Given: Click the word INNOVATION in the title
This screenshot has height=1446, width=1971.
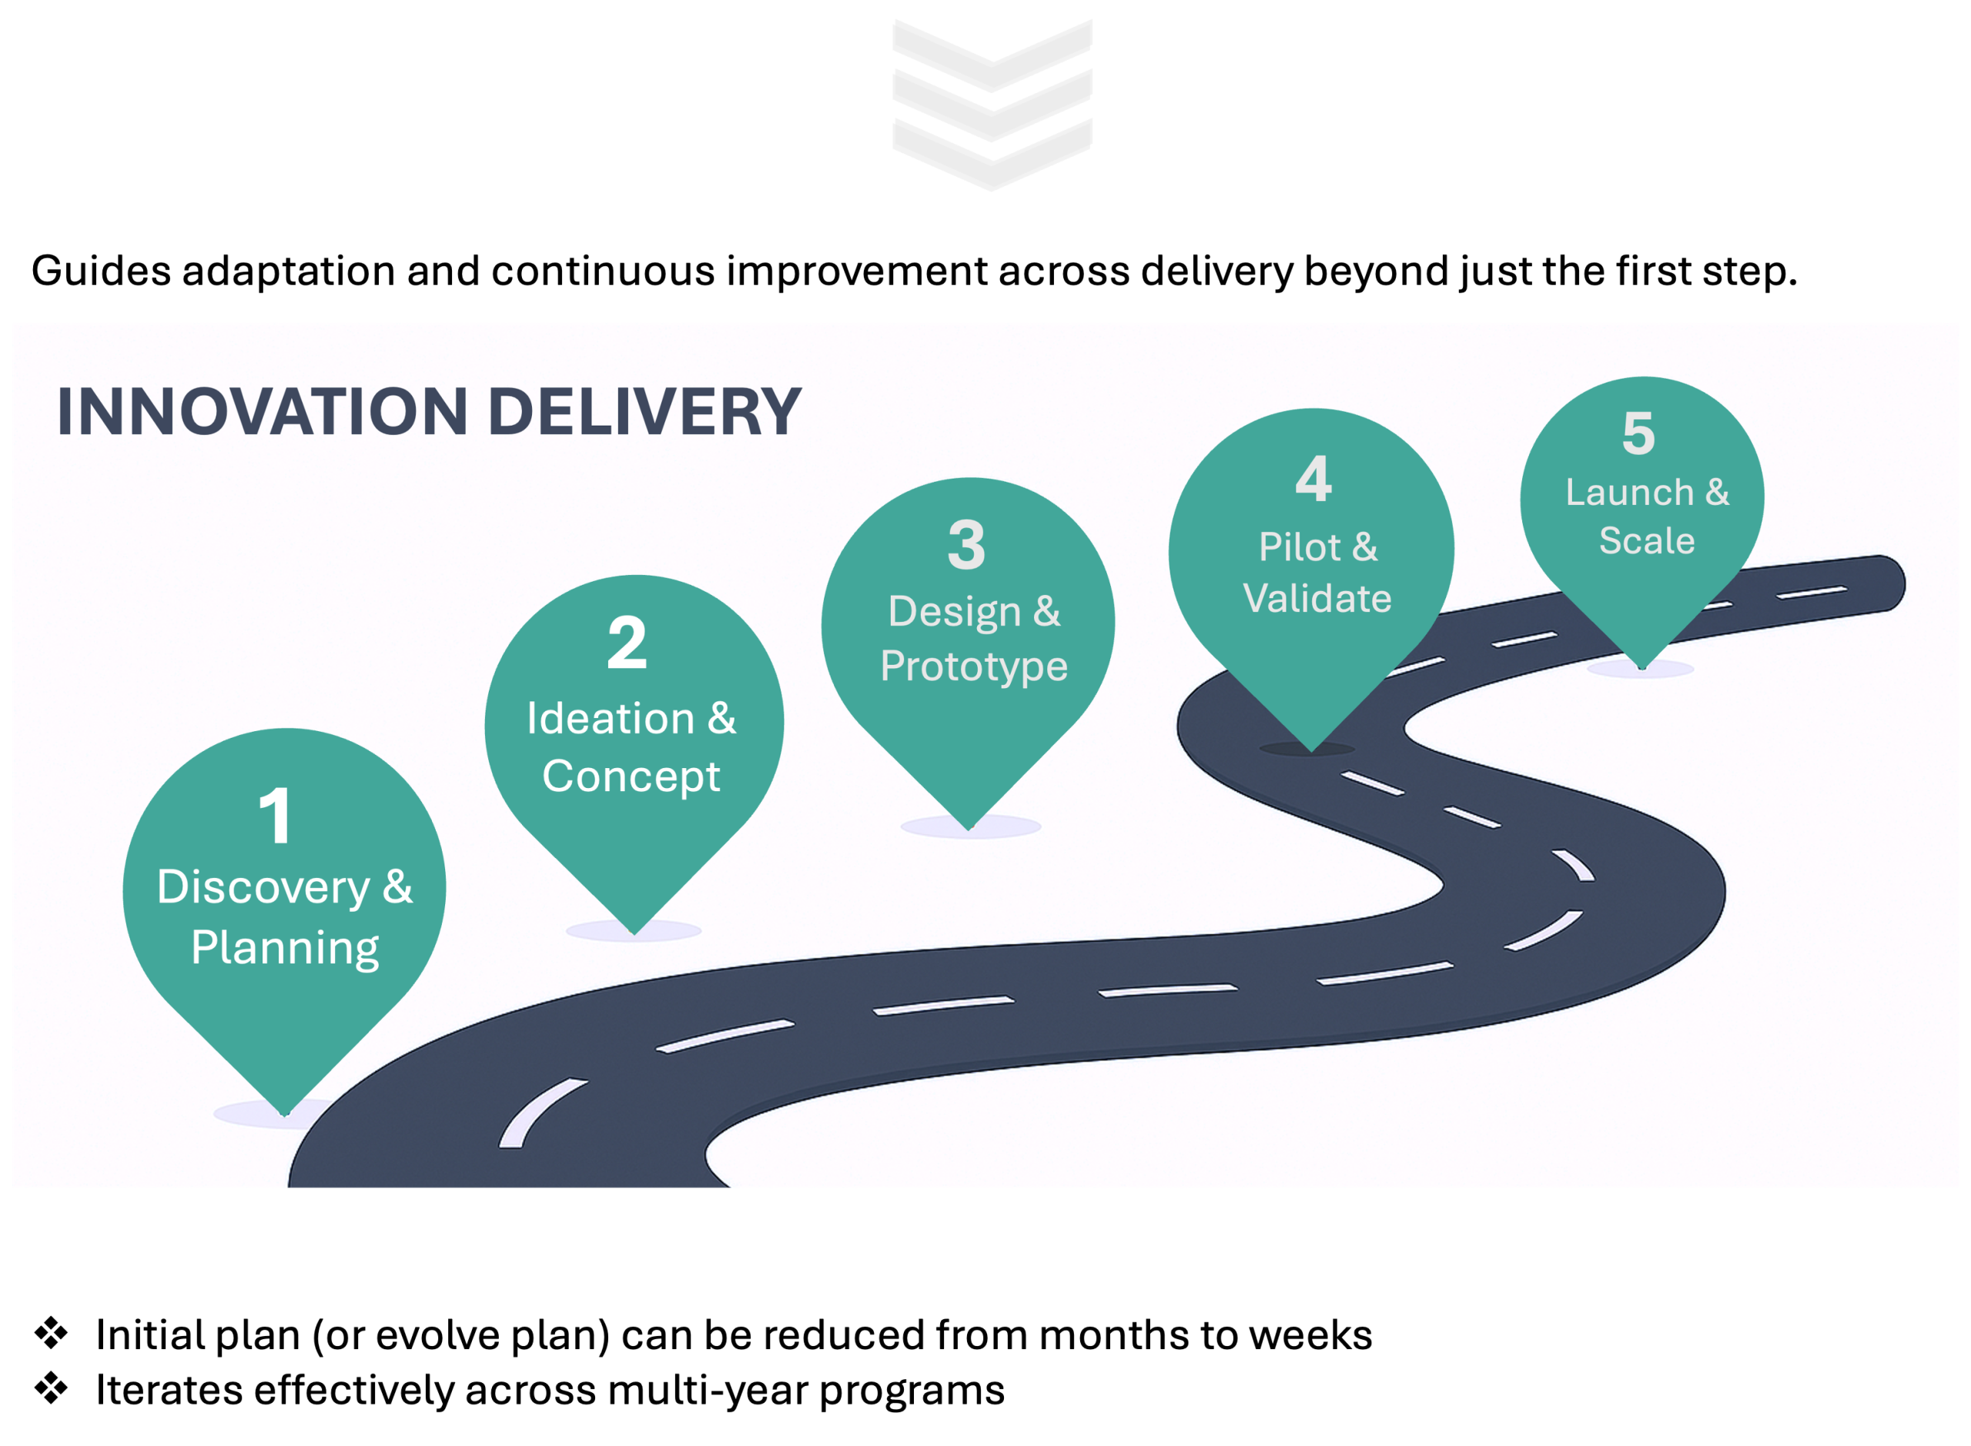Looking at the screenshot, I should (262, 412).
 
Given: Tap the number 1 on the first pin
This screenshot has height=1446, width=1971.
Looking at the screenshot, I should (276, 815).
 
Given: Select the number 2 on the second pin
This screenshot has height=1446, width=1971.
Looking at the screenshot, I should (627, 643).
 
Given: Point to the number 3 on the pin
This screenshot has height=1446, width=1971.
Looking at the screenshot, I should (967, 544).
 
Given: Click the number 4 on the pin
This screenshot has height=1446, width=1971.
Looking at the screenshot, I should (1313, 479).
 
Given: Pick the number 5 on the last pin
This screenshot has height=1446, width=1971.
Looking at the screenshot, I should (1638, 432).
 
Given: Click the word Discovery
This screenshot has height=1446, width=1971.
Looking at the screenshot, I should (263, 888).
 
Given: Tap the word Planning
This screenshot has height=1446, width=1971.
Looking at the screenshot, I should (286, 948).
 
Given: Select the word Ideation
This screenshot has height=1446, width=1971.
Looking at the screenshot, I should (611, 720).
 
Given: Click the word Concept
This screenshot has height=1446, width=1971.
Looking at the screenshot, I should (631, 776).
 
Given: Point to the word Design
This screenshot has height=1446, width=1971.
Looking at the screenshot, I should (953, 612).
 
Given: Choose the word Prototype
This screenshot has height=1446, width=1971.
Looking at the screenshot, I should (974, 667).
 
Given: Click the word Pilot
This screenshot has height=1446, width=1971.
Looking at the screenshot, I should (1299, 548).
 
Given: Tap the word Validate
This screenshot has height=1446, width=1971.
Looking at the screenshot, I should (1317, 599).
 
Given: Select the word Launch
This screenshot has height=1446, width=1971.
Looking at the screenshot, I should (1628, 493).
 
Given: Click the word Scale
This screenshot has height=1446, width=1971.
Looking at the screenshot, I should (1647, 541).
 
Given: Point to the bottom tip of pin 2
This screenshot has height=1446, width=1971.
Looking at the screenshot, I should (634, 931).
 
